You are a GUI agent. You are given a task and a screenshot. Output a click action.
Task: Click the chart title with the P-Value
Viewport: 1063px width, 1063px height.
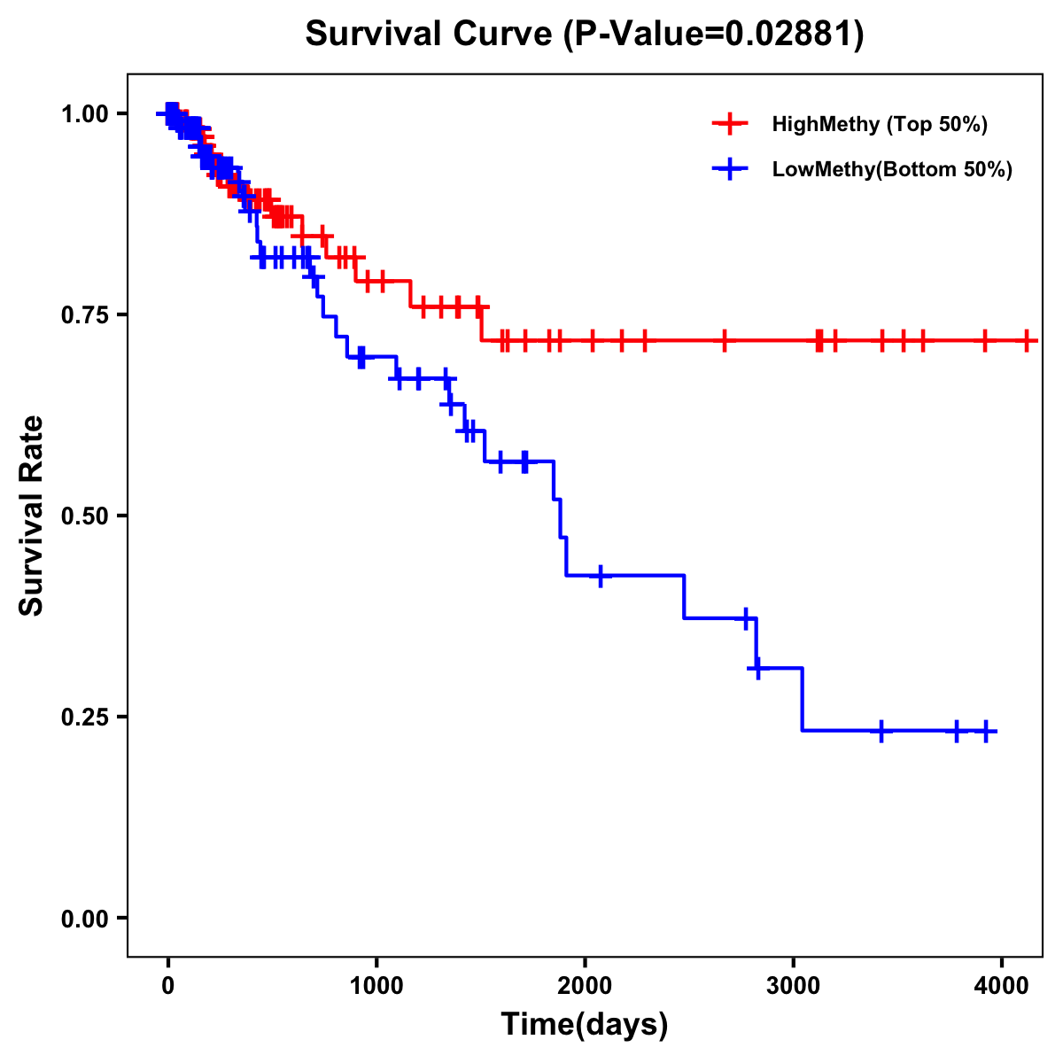[585, 34]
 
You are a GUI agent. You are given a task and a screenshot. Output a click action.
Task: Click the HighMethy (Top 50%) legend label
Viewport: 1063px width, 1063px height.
[880, 124]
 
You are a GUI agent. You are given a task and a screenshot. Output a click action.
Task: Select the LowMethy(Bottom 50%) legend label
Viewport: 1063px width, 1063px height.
[892, 170]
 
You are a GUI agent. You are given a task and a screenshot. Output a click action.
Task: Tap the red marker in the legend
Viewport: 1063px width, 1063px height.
[730, 124]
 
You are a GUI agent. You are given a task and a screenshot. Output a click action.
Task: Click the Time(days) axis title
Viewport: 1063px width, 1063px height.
[585, 1025]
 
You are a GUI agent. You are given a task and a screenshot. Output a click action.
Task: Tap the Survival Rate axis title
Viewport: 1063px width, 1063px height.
[32, 516]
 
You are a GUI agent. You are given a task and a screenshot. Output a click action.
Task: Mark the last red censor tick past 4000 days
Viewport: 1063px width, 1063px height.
[1027, 340]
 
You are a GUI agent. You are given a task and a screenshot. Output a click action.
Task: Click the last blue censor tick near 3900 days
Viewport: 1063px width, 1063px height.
[986, 731]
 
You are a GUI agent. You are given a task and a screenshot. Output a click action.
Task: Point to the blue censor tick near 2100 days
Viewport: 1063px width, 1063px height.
[601, 576]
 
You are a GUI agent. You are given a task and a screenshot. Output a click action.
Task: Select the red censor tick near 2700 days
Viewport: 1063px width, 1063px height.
[725, 340]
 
